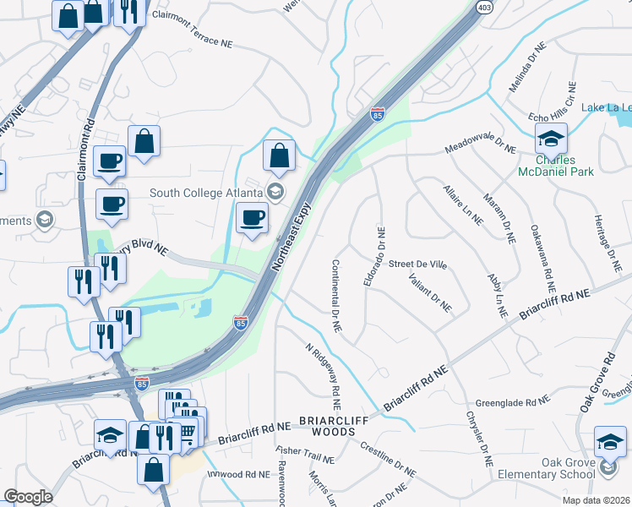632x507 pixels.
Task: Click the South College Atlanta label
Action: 206,192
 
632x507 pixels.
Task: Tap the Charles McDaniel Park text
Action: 557,166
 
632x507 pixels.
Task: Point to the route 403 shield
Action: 484,7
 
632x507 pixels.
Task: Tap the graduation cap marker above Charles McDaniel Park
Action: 551,138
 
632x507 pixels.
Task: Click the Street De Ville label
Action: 417,264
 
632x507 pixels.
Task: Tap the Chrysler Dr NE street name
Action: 477,439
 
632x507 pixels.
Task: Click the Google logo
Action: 28,497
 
